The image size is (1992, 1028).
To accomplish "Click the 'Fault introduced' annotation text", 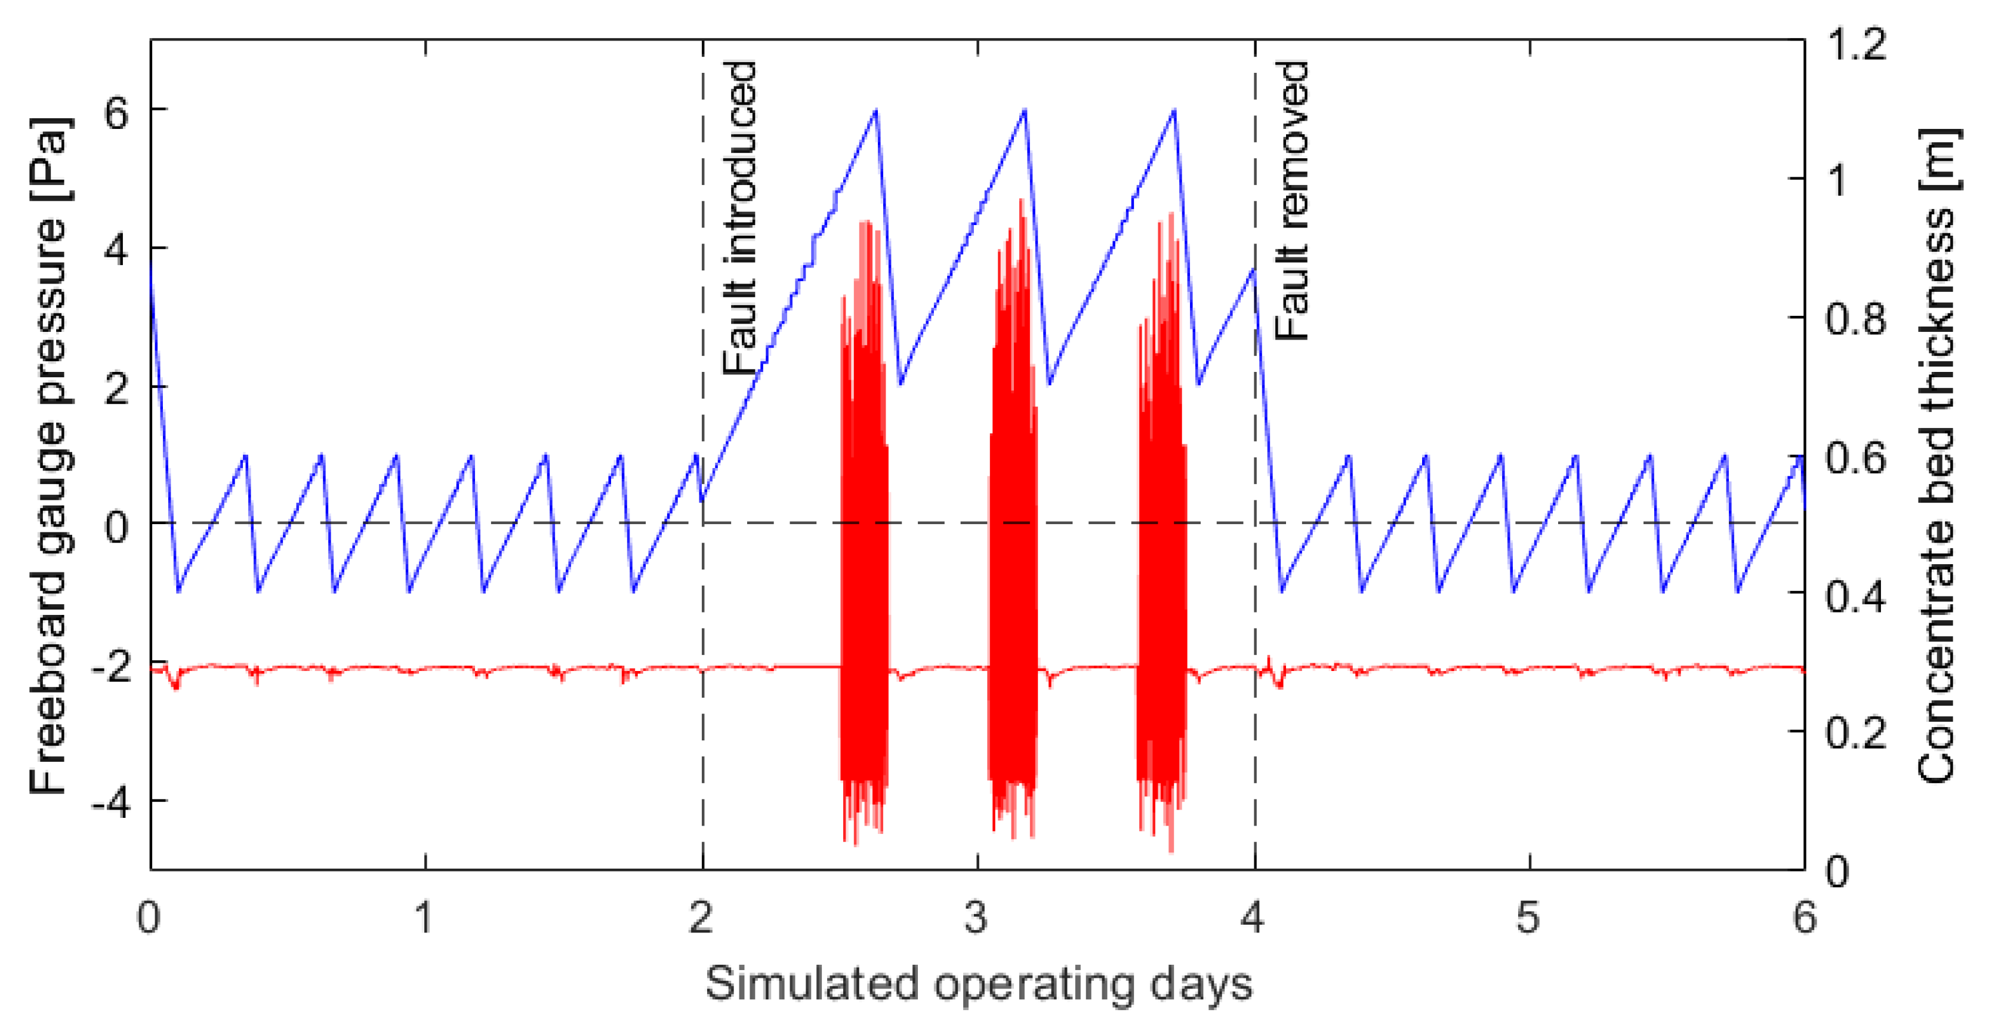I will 739,218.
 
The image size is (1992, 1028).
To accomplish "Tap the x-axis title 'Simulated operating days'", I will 978,984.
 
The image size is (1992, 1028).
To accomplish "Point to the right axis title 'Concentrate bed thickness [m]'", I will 1939,456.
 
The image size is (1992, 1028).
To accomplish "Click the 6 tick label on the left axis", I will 117,113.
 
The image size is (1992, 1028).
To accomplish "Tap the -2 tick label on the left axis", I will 110,665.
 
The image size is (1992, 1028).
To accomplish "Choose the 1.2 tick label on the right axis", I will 1856,44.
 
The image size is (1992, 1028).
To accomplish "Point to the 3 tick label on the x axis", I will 977,918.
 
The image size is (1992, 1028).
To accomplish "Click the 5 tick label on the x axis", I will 1528,918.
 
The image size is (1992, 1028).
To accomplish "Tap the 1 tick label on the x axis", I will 424,918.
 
